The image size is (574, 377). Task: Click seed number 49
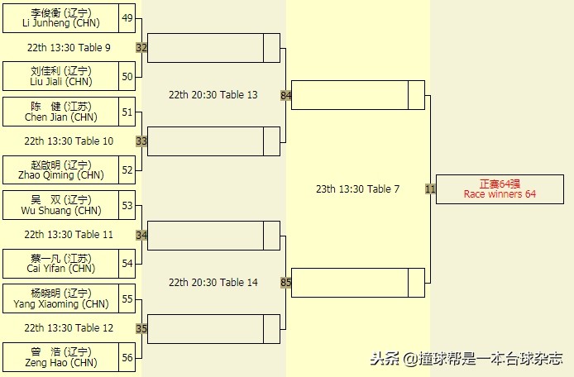(127, 18)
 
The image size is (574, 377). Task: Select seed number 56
(127, 357)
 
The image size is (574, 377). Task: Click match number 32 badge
(141, 48)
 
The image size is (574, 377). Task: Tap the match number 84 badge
(286, 95)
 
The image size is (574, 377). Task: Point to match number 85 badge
(286, 283)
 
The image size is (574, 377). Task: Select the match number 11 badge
(430, 189)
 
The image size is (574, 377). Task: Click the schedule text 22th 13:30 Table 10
(69, 141)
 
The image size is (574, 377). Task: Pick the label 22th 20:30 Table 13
(213, 95)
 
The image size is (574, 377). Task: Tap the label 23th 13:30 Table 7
(357, 189)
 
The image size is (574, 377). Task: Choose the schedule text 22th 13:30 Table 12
(69, 328)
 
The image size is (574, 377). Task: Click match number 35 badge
(141, 328)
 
